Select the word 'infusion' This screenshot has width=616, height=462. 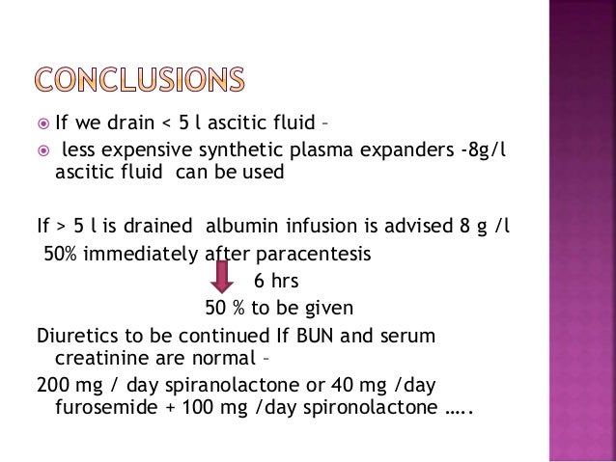[x=326, y=228]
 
